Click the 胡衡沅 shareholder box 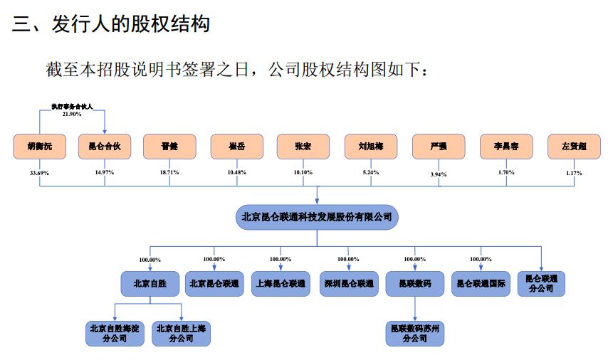click(x=39, y=147)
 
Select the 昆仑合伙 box click(x=105, y=147)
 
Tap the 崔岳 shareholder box click(x=238, y=147)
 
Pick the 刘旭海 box click(x=371, y=147)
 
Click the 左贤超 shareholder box click(x=574, y=147)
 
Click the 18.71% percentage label click(x=169, y=172)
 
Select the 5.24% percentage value click(x=370, y=172)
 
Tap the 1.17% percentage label click(x=573, y=173)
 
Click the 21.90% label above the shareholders click(x=72, y=114)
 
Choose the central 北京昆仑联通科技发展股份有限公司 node click(x=317, y=217)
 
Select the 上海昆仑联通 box click(x=281, y=283)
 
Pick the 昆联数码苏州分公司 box click(x=414, y=334)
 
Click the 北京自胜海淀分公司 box click(x=114, y=334)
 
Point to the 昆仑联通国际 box click(x=481, y=283)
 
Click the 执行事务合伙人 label click(x=72, y=107)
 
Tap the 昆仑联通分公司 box click(x=541, y=283)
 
